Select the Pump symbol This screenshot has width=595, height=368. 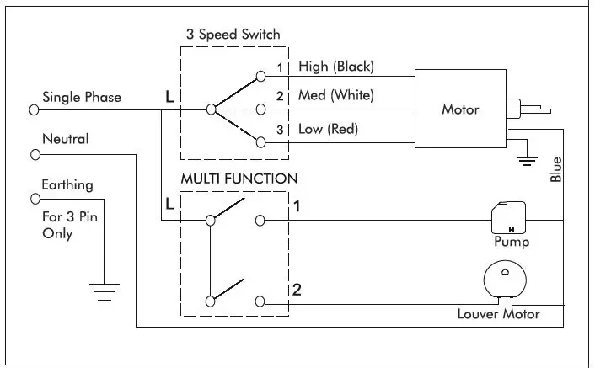pos(508,217)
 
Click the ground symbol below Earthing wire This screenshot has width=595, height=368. pos(105,292)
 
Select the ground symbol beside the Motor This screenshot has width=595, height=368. pos(527,161)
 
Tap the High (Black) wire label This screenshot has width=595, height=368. pos(336,67)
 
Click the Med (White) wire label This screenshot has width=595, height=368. pos(335,95)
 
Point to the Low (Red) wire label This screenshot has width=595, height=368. pos(328,129)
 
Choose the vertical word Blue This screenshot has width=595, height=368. pos(555,169)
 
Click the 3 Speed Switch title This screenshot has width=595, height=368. pos(233,35)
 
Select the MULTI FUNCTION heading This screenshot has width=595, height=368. pos(239,179)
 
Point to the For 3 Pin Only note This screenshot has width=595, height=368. pos(70,225)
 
